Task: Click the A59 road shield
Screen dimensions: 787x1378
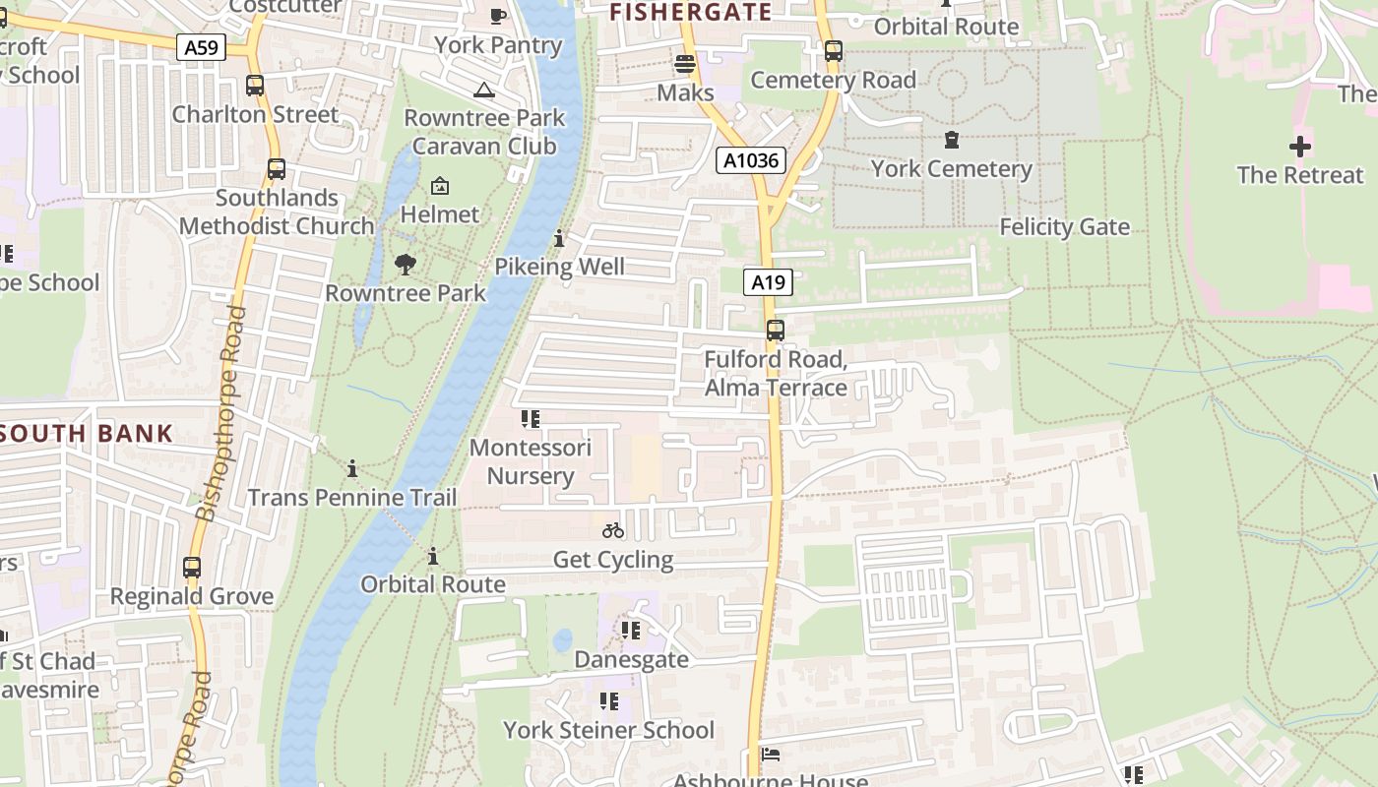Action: coord(202,46)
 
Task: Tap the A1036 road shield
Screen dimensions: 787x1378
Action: coord(750,160)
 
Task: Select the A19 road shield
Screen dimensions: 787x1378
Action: coord(768,283)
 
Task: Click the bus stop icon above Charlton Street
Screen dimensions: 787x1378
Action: coord(255,86)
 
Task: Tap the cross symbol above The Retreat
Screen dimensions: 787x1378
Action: coord(1300,148)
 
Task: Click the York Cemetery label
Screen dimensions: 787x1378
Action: coord(951,169)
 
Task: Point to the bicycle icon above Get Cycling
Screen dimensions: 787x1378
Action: coord(613,530)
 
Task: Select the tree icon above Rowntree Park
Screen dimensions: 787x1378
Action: coord(405,265)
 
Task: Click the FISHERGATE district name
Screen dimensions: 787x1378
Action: coord(690,12)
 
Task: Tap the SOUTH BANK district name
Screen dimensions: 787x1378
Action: coord(87,433)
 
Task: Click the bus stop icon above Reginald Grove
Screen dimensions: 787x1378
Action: coord(192,568)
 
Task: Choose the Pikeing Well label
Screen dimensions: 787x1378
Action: coord(559,267)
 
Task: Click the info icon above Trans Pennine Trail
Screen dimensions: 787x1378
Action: coord(352,468)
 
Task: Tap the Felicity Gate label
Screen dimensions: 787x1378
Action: coord(1064,227)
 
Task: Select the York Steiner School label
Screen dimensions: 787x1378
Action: coord(608,730)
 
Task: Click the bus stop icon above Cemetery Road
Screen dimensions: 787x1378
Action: coord(834,51)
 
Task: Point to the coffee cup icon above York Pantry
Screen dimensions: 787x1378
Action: coord(498,16)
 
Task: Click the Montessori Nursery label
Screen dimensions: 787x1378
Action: coord(531,462)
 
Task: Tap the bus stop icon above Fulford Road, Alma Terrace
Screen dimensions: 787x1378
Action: coord(775,331)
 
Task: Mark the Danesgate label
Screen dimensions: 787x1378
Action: coord(631,659)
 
